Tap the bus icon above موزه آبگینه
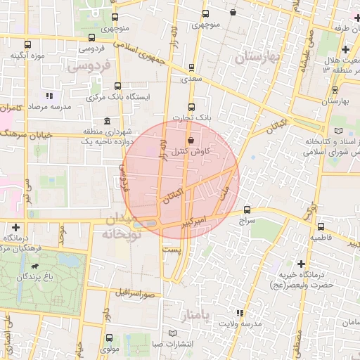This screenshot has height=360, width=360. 27,45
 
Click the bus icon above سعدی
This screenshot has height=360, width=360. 192,68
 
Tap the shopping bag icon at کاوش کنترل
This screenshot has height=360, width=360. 191,140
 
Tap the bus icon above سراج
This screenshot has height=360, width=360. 247,209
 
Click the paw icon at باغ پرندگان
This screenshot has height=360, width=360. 34,267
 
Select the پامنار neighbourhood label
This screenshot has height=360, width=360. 195,314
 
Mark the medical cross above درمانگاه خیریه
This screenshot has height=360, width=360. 301,263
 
